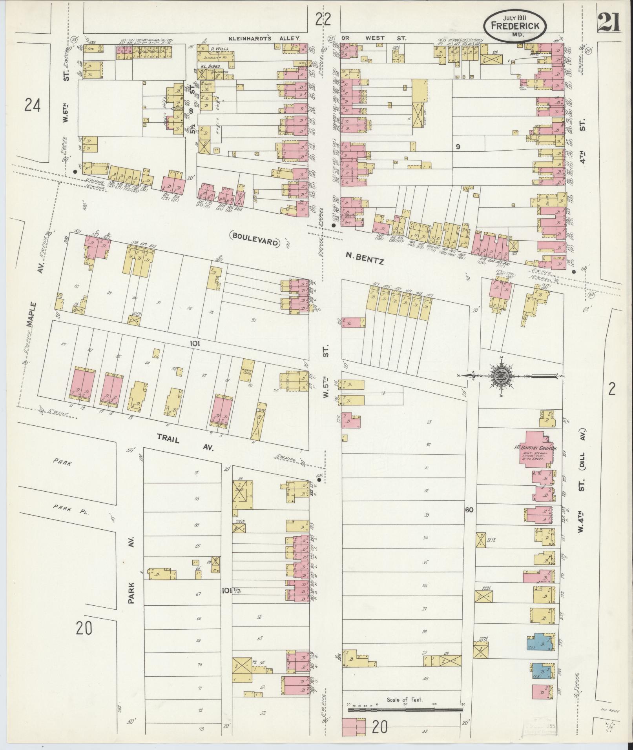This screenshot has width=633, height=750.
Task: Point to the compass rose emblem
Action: pos(503,376)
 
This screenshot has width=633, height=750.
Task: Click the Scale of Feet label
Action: pos(404,699)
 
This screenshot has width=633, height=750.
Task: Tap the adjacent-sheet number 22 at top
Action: pos(323,18)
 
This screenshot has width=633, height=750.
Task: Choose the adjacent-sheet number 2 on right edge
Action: pos(611,389)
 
